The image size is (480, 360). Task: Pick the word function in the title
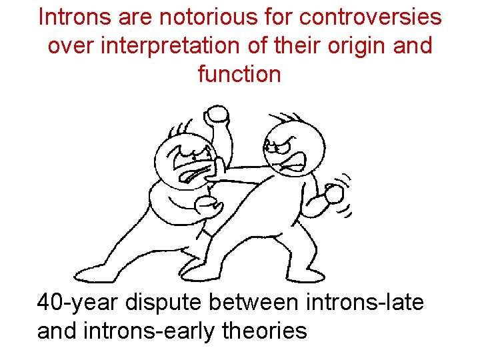pos(239,74)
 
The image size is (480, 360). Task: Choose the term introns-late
pos(365,302)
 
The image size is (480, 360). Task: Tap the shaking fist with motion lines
pos(333,195)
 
